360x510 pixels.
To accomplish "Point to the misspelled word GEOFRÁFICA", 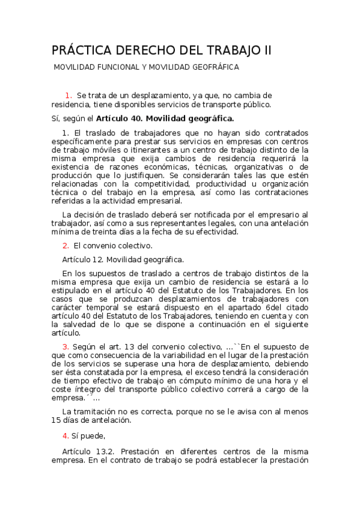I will click(212, 67).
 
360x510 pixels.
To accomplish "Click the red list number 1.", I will click(69, 95).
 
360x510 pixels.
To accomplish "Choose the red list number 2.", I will click(66, 245).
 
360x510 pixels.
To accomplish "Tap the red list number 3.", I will click(66, 347).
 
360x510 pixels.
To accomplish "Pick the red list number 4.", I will click(66, 435).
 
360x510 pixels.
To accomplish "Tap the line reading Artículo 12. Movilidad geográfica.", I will click(123, 260).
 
